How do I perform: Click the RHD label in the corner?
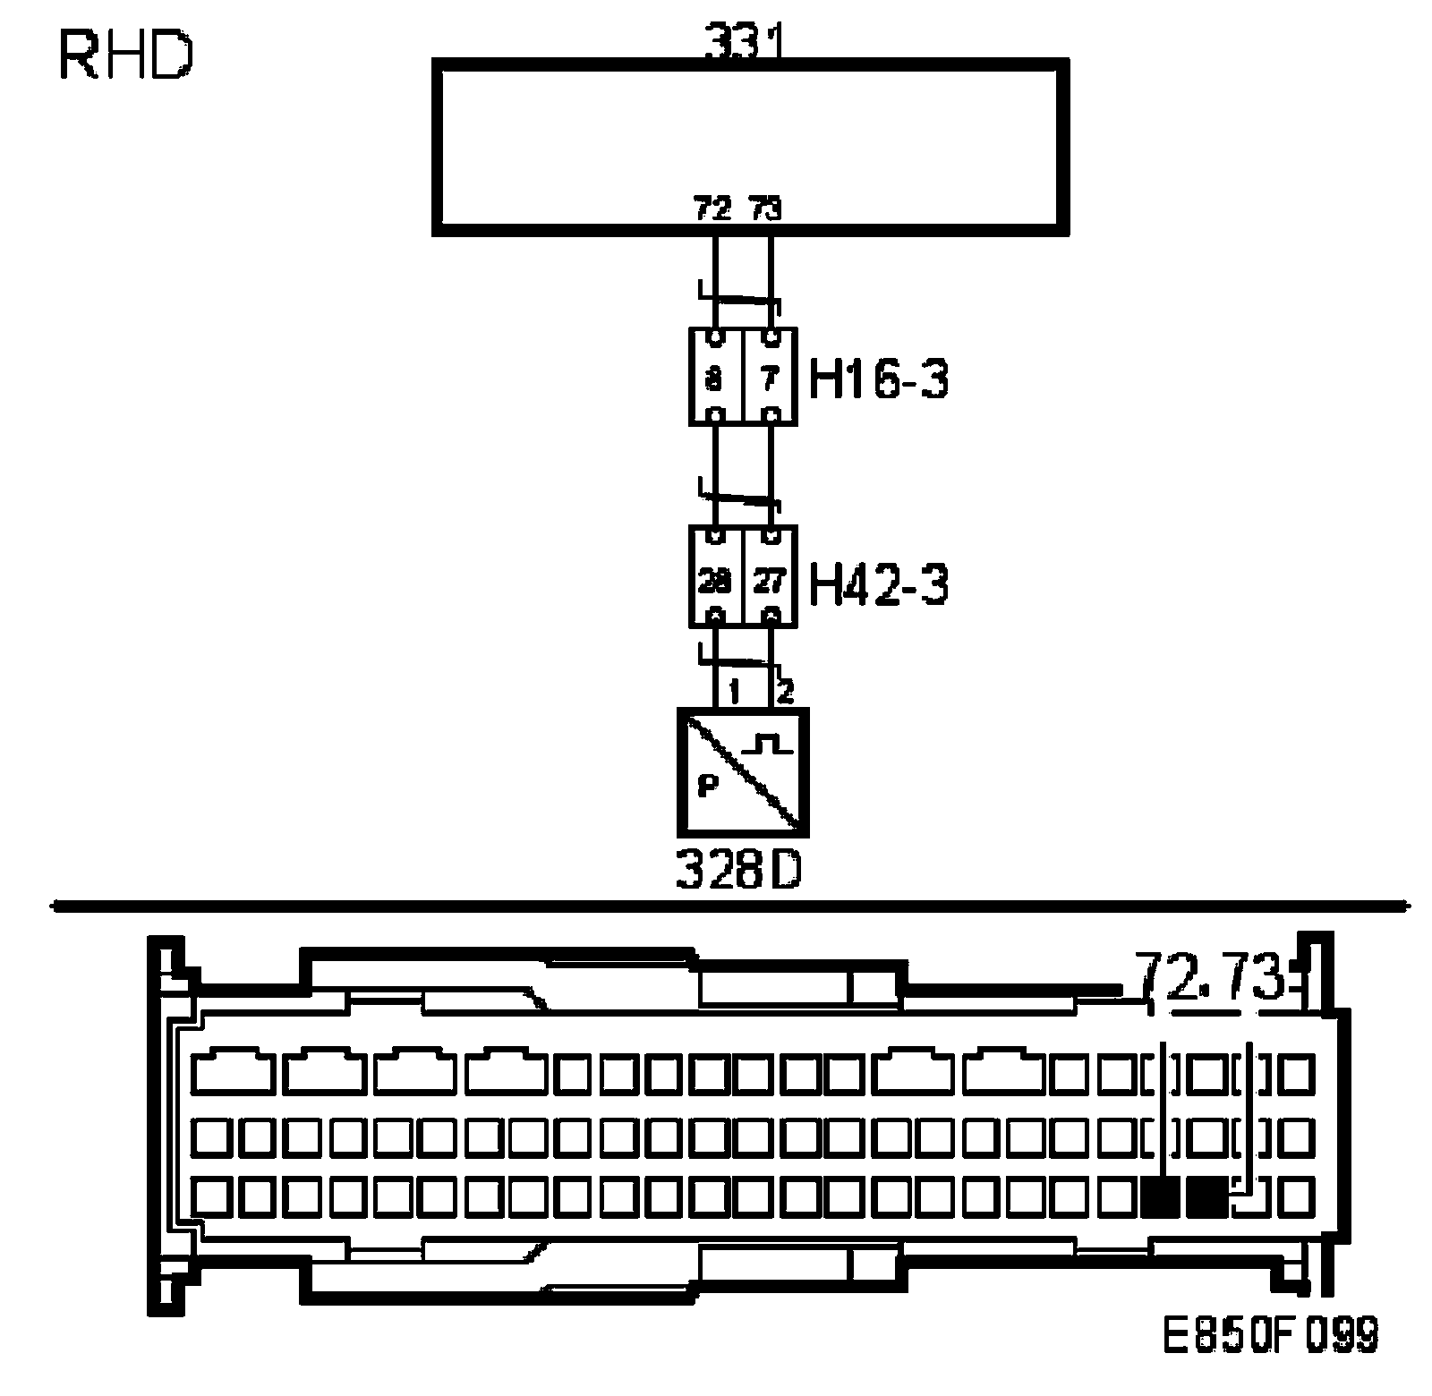[x=125, y=55]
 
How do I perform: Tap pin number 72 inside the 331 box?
[x=713, y=209]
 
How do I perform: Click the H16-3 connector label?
[x=878, y=379]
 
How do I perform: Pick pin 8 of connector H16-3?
[x=714, y=379]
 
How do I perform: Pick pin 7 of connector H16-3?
[x=769, y=379]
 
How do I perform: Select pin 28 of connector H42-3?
[x=714, y=582]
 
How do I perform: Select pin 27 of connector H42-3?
[x=769, y=582]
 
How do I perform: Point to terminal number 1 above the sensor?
[x=734, y=692]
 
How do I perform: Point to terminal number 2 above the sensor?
[x=784, y=692]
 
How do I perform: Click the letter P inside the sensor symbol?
[x=707, y=787]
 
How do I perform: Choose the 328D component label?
[x=739, y=871]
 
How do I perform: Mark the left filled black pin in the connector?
[x=1162, y=1197]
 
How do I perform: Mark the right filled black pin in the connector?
[x=1207, y=1197]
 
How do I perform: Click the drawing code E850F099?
[x=1270, y=1359]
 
